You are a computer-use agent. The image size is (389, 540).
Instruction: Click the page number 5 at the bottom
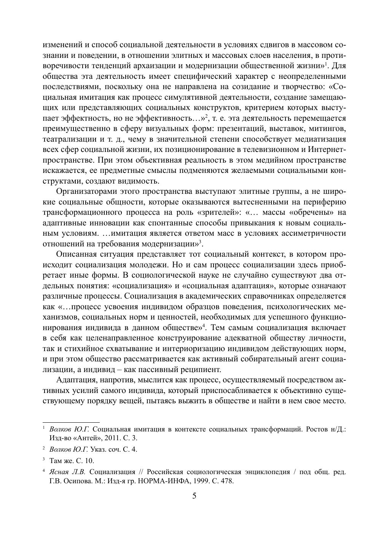194,496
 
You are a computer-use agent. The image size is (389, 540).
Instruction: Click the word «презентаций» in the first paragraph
252,128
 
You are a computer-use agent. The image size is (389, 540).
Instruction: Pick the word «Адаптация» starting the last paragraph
75,380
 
